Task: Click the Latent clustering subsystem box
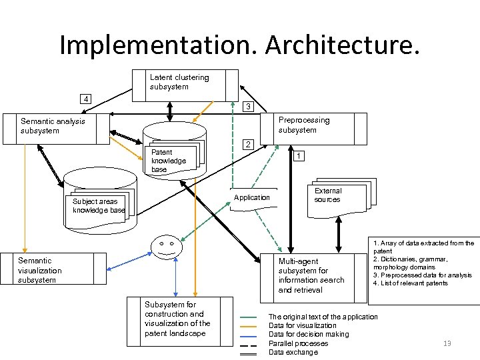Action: click(x=185, y=84)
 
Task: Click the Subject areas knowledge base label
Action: click(x=99, y=206)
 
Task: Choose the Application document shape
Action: click(x=252, y=197)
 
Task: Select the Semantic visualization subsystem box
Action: click(x=53, y=270)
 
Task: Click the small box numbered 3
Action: click(x=248, y=107)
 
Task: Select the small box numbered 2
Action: click(x=248, y=145)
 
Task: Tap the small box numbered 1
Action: click(x=300, y=155)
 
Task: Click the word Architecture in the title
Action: click(x=343, y=45)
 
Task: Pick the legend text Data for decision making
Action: click(x=309, y=334)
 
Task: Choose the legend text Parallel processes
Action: click(x=298, y=343)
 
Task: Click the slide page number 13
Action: click(x=447, y=343)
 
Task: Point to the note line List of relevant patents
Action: click(x=411, y=283)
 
